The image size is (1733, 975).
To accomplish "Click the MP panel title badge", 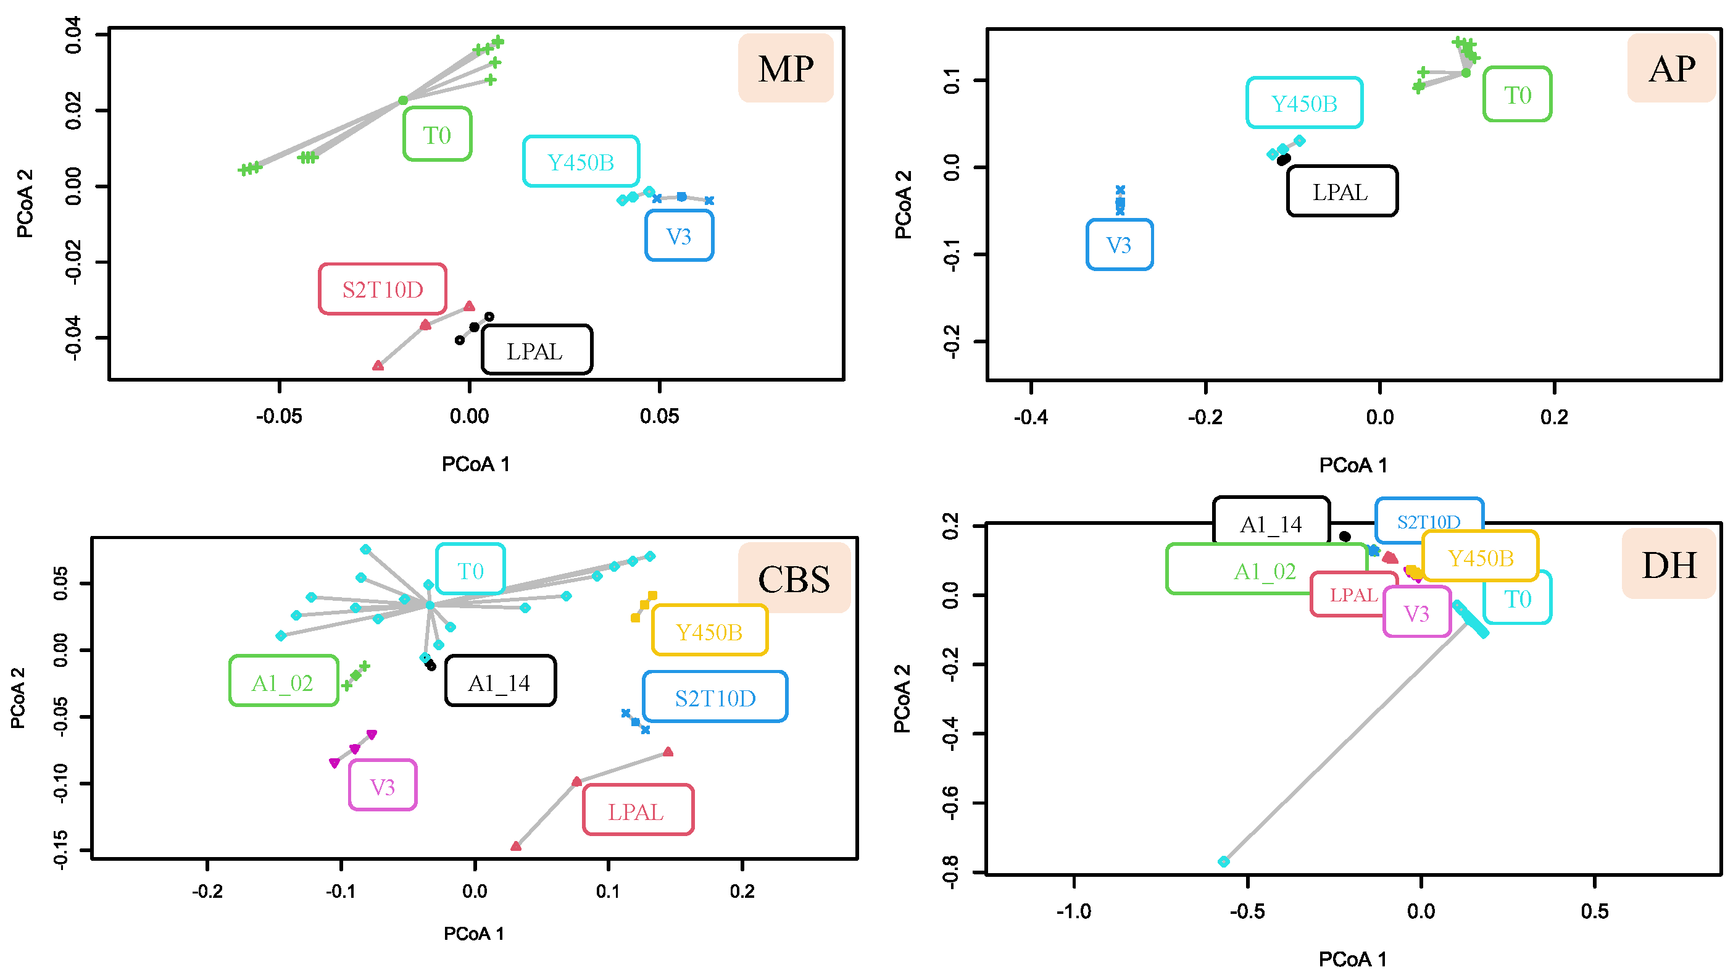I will click(x=785, y=68).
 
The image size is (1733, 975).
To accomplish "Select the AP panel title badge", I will click(x=1671, y=68).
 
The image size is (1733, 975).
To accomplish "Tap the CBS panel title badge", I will click(x=793, y=578).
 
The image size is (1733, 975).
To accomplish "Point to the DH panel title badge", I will click(x=1668, y=564).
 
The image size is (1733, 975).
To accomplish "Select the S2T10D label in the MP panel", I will click(x=382, y=290).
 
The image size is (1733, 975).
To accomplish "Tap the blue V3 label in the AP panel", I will click(x=1119, y=245).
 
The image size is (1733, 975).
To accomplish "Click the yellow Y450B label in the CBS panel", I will click(x=709, y=631).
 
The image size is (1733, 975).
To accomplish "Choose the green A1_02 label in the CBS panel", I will click(x=283, y=682).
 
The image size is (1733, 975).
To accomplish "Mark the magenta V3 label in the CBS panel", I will click(x=382, y=786).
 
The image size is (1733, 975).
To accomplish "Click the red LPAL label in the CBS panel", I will click(x=636, y=811).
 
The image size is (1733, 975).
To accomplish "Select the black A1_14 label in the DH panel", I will click(x=1271, y=524).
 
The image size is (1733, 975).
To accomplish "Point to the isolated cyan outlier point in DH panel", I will click(x=1224, y=861).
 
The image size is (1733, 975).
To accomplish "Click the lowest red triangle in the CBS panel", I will click(x=516, y=846).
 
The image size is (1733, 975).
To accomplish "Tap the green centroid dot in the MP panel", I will click(x=402, y=100).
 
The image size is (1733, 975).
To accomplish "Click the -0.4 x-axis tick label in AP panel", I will click(x=1031, y=417).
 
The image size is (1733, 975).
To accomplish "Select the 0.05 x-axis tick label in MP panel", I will click(x=659, y=416).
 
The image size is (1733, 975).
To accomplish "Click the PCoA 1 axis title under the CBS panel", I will click(x=473, y=933).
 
